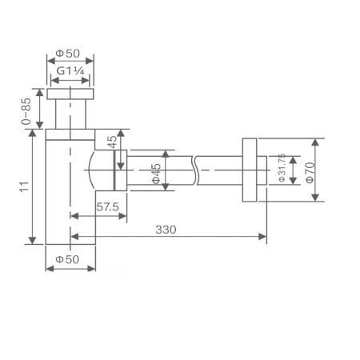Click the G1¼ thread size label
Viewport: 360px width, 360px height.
pyautogui.click(x=70, y=71)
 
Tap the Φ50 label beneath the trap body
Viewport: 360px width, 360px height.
pyautogui.click(x=70, y=260)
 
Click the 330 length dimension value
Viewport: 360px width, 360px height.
pyautogui.click(x=165, y=229)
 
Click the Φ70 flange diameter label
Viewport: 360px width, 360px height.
pyautogui.click(x=308, y=170)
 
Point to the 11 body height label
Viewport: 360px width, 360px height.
pyautogui.click(x=26, y=187)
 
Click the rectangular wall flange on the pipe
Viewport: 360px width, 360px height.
pyautogui.click(x=248, y=169)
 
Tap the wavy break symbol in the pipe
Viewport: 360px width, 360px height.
pyautogui.click(x=194, y=169)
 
